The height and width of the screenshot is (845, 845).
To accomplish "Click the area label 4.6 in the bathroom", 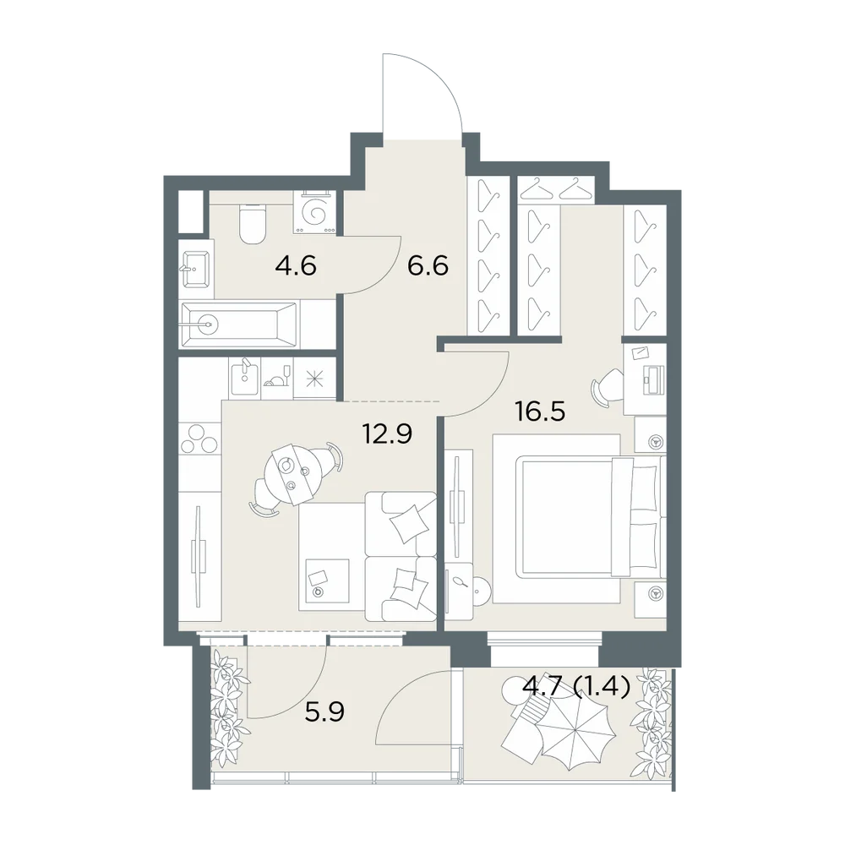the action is (295, 266).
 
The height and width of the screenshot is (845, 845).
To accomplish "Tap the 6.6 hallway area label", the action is (428, 266).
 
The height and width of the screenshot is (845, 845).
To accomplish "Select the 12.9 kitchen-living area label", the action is (388, 433).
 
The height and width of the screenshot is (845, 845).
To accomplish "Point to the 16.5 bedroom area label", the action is (540, 412).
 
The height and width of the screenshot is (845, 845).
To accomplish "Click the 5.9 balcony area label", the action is (324, 713).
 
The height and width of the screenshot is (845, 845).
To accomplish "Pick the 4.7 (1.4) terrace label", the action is (576, 687).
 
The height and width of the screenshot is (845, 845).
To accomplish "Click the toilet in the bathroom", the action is (252, 224).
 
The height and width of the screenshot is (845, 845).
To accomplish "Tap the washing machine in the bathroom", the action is (314, 212).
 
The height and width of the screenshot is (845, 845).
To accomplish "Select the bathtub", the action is (240, 324).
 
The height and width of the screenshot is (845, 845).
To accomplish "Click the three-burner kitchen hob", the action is (200, 438).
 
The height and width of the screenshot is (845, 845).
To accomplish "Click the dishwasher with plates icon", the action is (277, 377).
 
